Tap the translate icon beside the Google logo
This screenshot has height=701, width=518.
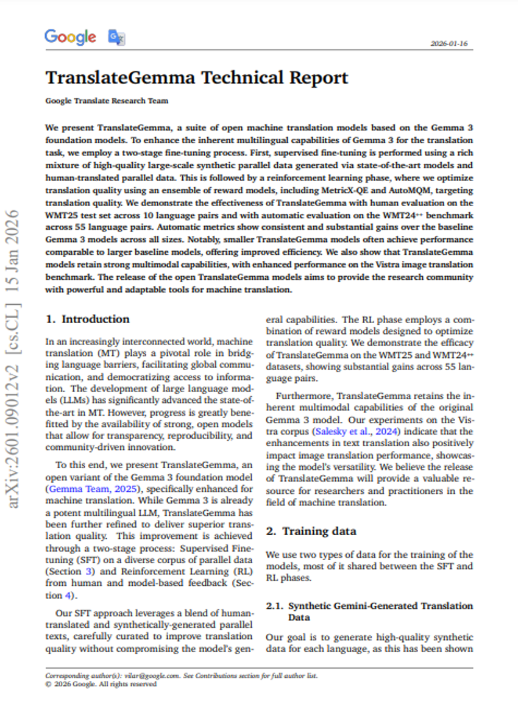tap(116, 37)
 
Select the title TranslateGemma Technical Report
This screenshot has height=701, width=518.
tap(197, 78)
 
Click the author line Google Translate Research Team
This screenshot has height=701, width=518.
tap(107, 101)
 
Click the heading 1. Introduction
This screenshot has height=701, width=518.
tap(88, 319)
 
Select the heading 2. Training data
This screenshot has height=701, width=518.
tap(311, 531)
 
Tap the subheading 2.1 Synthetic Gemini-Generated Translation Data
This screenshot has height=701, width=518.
tap(369, 611)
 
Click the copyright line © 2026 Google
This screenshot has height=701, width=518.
tap(101, 684)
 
